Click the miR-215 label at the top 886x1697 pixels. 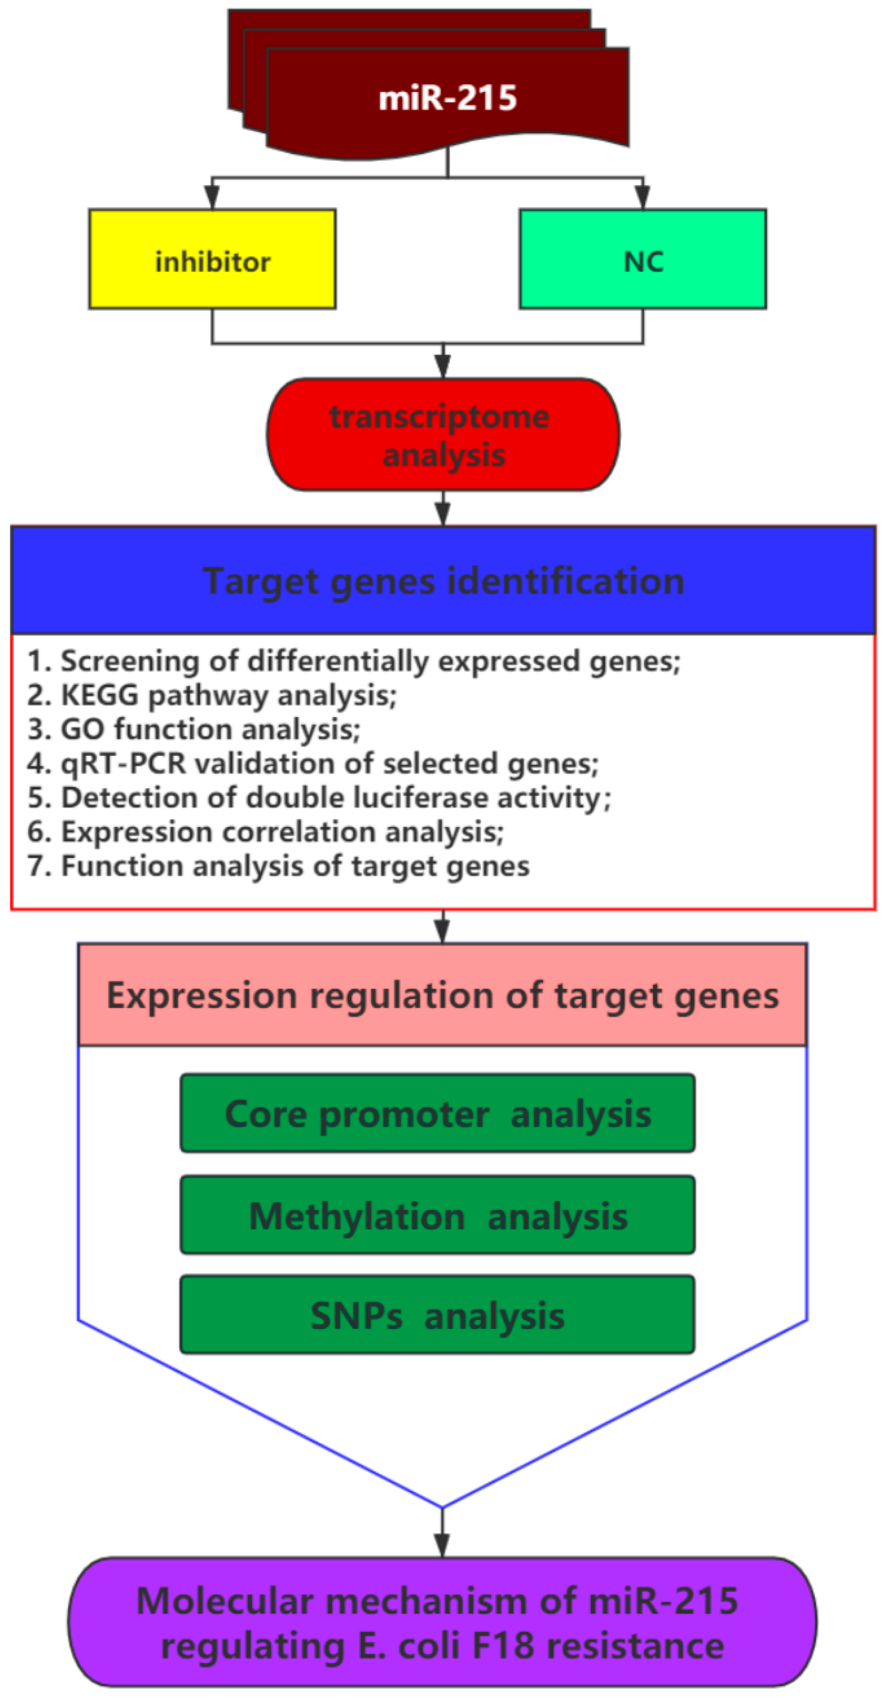[447, 98]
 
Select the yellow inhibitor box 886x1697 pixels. [212, 259]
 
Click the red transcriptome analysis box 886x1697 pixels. [443, 434]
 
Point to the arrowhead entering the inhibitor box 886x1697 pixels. [212, 196]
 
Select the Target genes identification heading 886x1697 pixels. [443, 581]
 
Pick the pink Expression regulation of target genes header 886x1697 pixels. [443, 995]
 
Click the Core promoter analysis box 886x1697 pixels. [437, 1113]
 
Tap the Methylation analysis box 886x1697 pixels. [437, 1215]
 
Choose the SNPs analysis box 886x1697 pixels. [437, 1316]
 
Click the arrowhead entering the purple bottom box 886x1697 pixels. [442, 1545]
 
